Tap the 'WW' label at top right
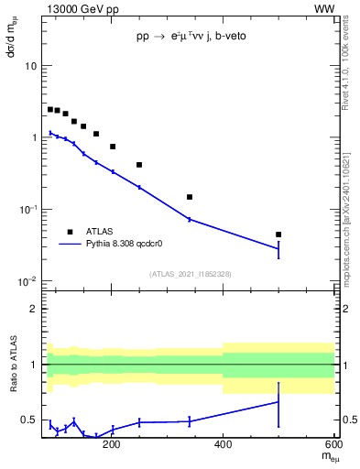324,8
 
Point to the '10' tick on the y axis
30,67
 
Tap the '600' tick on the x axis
333,446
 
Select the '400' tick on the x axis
223,446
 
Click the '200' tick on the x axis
112,446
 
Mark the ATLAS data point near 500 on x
278,234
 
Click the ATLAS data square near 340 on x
190,197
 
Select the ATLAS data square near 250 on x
139,165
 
